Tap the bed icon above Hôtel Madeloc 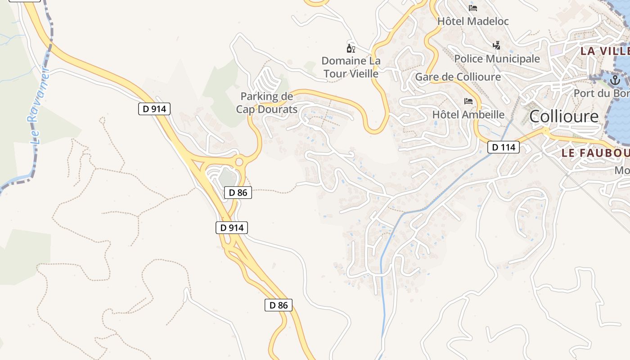[x=472, y=8]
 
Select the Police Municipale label [x=497, y=58]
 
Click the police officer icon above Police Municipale [x=496, y=45]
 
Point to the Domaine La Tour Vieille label [x=351, y=67]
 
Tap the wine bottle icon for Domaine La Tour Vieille [x=351, y=48]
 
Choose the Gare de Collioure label [x=458, y=76]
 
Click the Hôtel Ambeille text [x=468, y=114]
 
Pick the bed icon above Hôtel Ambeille [x=468, y=101]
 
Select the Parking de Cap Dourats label [x=267, y=103]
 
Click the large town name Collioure [x=564, y=116]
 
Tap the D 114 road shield [x=503, y=147]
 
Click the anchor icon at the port [x=615, y=81]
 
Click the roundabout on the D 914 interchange [x=239, y=162]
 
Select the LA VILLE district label [x=604, y=50]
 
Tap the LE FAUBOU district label [x=595, y=153]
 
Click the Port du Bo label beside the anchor [x=601, y=93]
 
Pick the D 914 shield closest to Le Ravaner [x=154, y=108]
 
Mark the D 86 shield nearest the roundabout [x=238, y=193]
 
